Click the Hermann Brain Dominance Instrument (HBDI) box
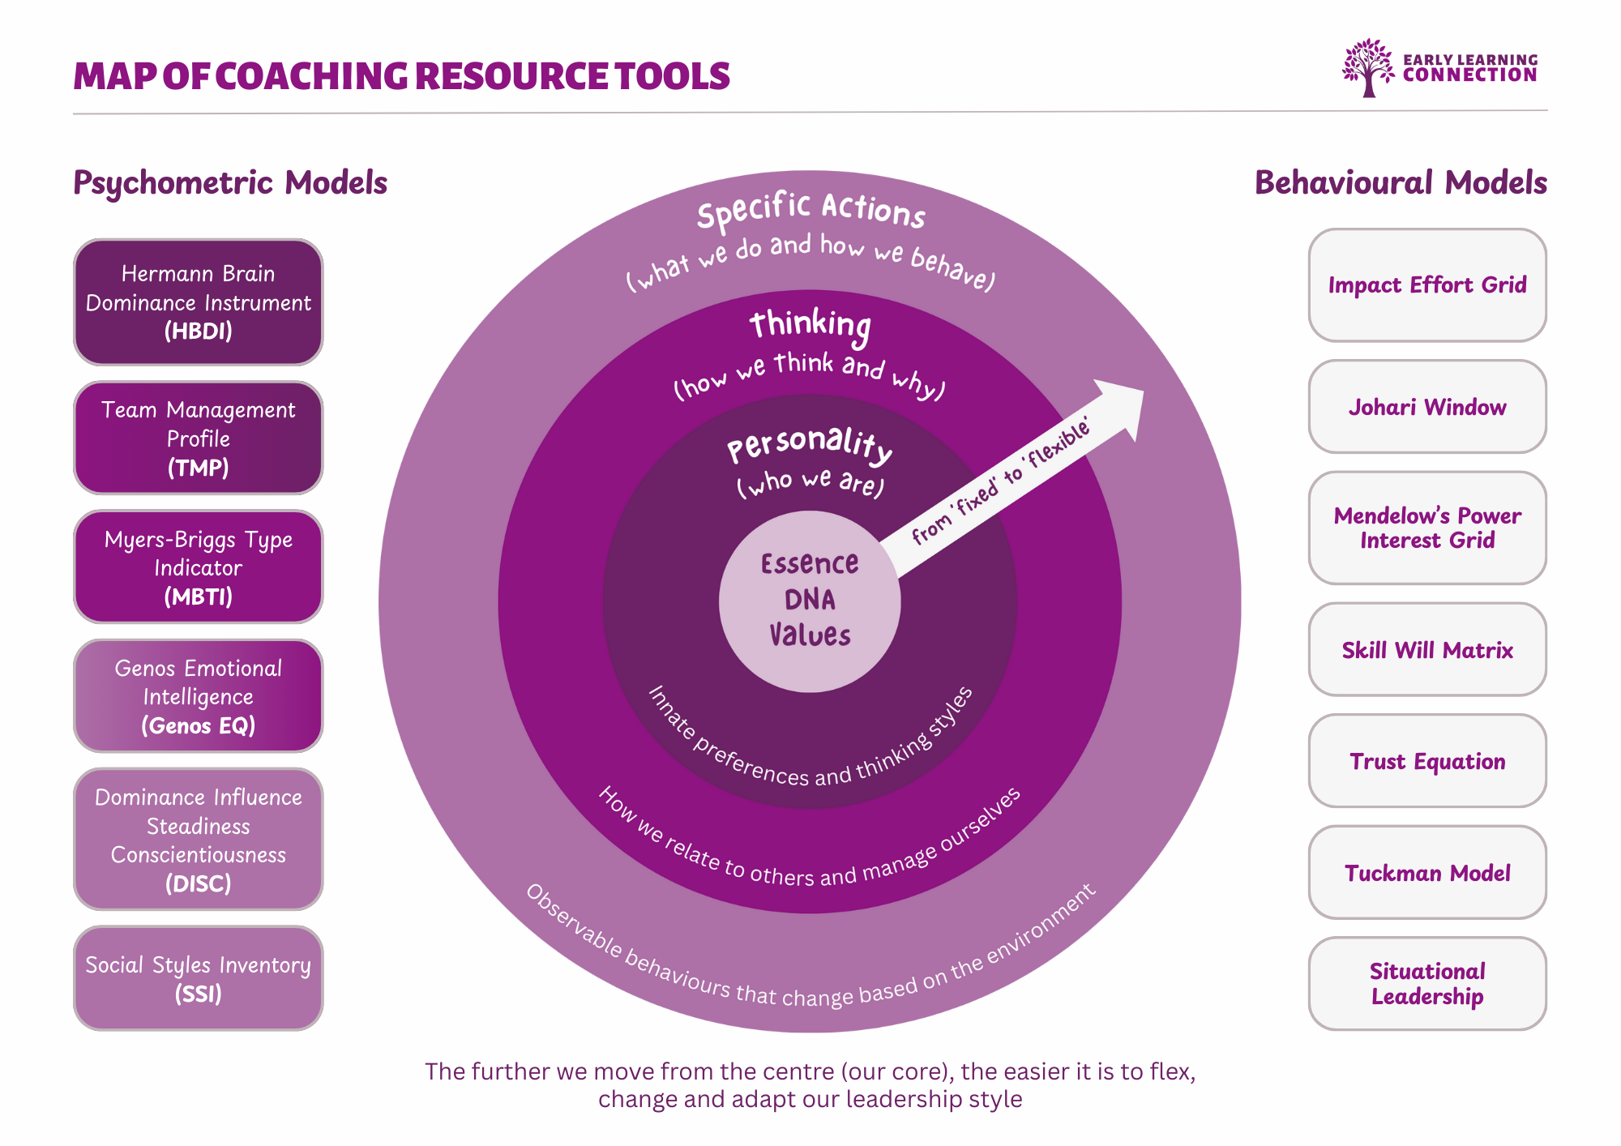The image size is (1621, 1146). [x=198, y=302]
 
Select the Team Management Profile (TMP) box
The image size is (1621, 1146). [x=198, y=438]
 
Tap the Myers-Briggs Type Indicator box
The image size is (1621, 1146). [x=198, y=567]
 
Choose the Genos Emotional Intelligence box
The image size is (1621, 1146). [x=198, y=696]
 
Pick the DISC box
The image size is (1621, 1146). [x=198, y=840]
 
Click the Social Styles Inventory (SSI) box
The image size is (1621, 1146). [x=198, y=978]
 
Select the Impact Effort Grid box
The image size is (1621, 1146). [x=1426, y=285]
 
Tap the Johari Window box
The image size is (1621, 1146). [x=1426, y=407]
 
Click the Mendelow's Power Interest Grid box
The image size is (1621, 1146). [x=1426, y=528]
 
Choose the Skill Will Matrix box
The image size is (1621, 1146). [x=1426, y=649]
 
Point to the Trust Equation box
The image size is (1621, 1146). [x=1426, y=761]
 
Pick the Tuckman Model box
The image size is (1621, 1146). [x=1426, y=873]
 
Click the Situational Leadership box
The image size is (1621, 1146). [x=1426, y=984]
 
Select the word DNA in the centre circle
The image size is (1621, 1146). [x=809, y=600]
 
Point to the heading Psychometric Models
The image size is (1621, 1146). [x=230, y=183]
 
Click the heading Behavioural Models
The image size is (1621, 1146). [x=1401, y=183]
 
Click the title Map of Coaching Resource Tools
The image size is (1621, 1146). [x=402, y=76]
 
